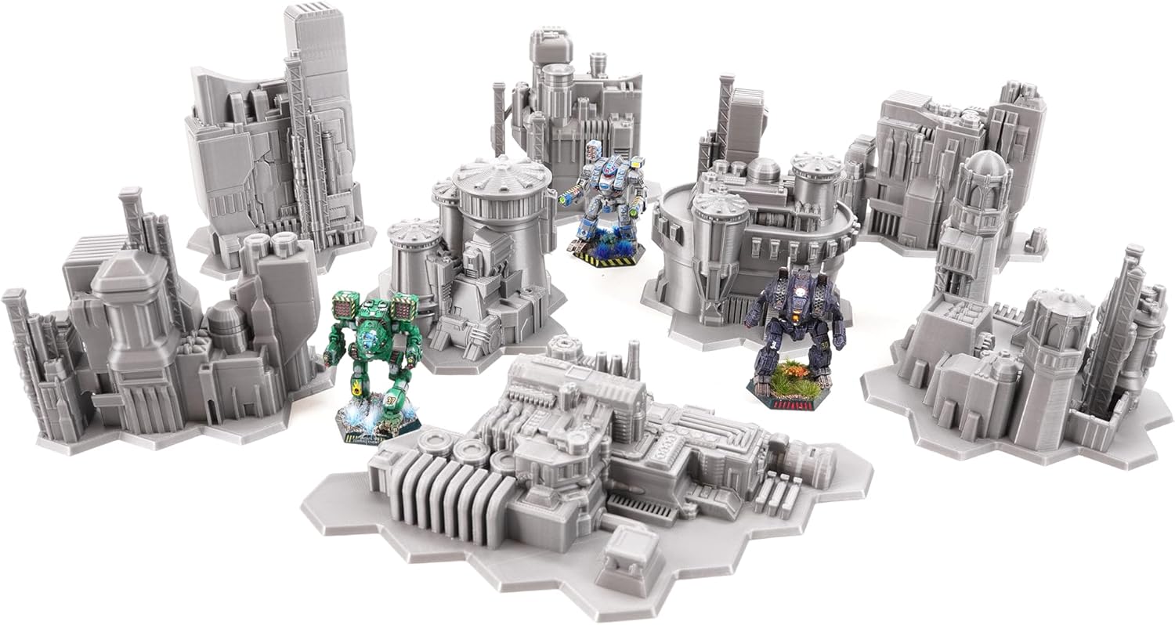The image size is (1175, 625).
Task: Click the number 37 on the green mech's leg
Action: point(389,399)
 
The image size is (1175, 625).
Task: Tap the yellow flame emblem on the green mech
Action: point(357,384)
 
